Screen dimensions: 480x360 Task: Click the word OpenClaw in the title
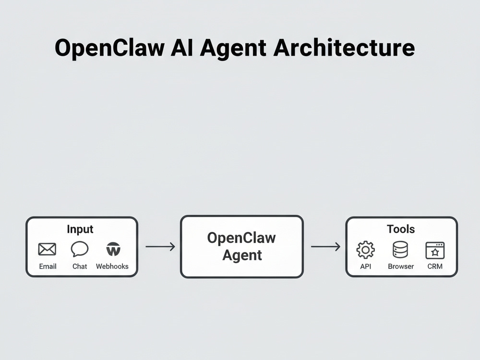tap(109, 48)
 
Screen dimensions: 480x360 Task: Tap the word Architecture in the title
tap(344, 48)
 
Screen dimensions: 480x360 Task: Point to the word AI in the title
tap(182, 48)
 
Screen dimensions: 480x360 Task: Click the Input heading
tap(80, 229)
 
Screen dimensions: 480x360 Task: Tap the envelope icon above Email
tap(47, 249)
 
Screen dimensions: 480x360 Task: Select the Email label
tap(48, 266)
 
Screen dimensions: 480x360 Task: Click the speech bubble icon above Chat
tap(80, 249)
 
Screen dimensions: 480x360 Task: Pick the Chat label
tap(80, 266)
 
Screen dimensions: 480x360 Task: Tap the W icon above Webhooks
tap(113, 249)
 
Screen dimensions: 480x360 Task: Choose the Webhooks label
tap(112, 266)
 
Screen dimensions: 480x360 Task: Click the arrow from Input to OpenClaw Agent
tap(160, 246)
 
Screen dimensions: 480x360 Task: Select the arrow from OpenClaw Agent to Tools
tap(326, 246)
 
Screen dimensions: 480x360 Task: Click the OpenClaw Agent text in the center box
tap(241, 246)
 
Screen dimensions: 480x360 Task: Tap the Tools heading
tap(401, 229)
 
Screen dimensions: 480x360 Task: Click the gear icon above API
tap(365, 250)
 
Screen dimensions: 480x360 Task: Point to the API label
tap(365, 266)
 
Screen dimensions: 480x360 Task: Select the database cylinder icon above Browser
tap(400, 250)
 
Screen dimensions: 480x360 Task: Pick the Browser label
tap(401, 266)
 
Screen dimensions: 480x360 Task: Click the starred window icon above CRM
tap(435, 250)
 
